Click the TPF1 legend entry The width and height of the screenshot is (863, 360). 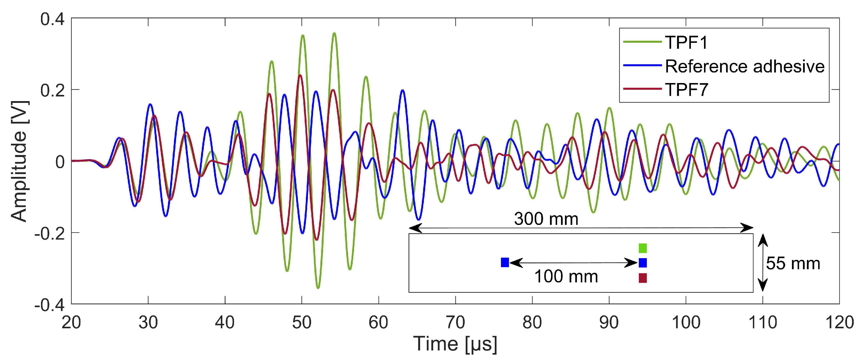click(686, 43)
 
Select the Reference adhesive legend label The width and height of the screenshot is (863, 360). click(744, 66)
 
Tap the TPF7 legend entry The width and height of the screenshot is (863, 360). click(686, 89)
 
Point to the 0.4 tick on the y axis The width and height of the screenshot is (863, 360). click(52, 19)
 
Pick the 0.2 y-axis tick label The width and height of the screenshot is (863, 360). click(52, 91)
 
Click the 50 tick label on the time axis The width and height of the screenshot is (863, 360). click(301, 322)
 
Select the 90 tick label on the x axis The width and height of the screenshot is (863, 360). click(609, 322)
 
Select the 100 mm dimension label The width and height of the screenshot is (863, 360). click(566, 276)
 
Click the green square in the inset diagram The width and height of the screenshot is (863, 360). click(643, 248)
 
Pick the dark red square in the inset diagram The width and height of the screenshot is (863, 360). click(643, 278)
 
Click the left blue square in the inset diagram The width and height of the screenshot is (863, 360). click(505, 263)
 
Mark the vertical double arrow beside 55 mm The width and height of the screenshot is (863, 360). click(763, 263)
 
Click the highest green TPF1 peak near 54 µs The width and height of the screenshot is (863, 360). click(334, 33)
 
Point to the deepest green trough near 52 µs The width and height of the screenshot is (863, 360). click(318, 288)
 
